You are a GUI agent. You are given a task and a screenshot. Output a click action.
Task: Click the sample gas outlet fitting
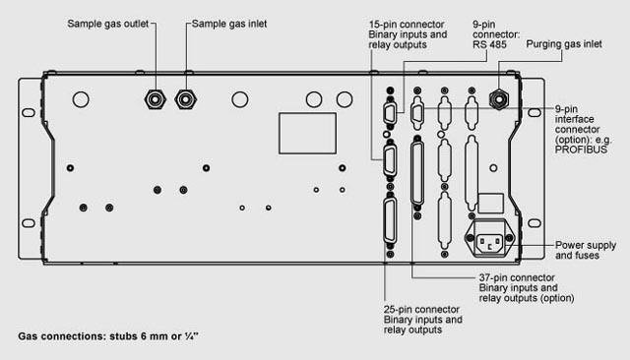click(156, 99)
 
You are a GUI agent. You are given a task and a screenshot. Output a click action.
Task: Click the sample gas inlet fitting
click(186, 99)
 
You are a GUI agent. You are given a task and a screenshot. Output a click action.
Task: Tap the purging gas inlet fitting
click(499, 98)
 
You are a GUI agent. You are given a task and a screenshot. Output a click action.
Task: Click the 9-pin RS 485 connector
click(390, 113)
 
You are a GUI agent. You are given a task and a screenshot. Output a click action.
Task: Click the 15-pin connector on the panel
click(390, 161)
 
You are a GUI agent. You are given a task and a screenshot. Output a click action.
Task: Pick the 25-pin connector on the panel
click(390, 220)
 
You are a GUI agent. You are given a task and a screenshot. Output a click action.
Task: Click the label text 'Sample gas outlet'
click(108, 24)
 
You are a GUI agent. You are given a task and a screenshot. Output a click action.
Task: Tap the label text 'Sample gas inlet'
click(229, 24)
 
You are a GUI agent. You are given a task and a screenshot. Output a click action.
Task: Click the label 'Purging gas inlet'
click(564, 44)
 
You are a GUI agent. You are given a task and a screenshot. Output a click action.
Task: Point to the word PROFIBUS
click(581, 150)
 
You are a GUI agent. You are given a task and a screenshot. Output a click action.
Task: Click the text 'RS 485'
click(489, 44)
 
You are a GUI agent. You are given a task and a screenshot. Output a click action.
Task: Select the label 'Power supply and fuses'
click(586, 250)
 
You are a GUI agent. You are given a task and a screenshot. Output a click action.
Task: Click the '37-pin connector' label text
click(517, 277)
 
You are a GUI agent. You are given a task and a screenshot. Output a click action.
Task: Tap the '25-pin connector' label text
click(421, 310)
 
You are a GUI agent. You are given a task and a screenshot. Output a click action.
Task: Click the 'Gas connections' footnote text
click(108, 336)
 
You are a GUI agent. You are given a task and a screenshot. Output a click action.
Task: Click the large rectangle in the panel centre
click(308, 133)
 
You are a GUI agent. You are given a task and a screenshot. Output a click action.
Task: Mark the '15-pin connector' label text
click(407, 24)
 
